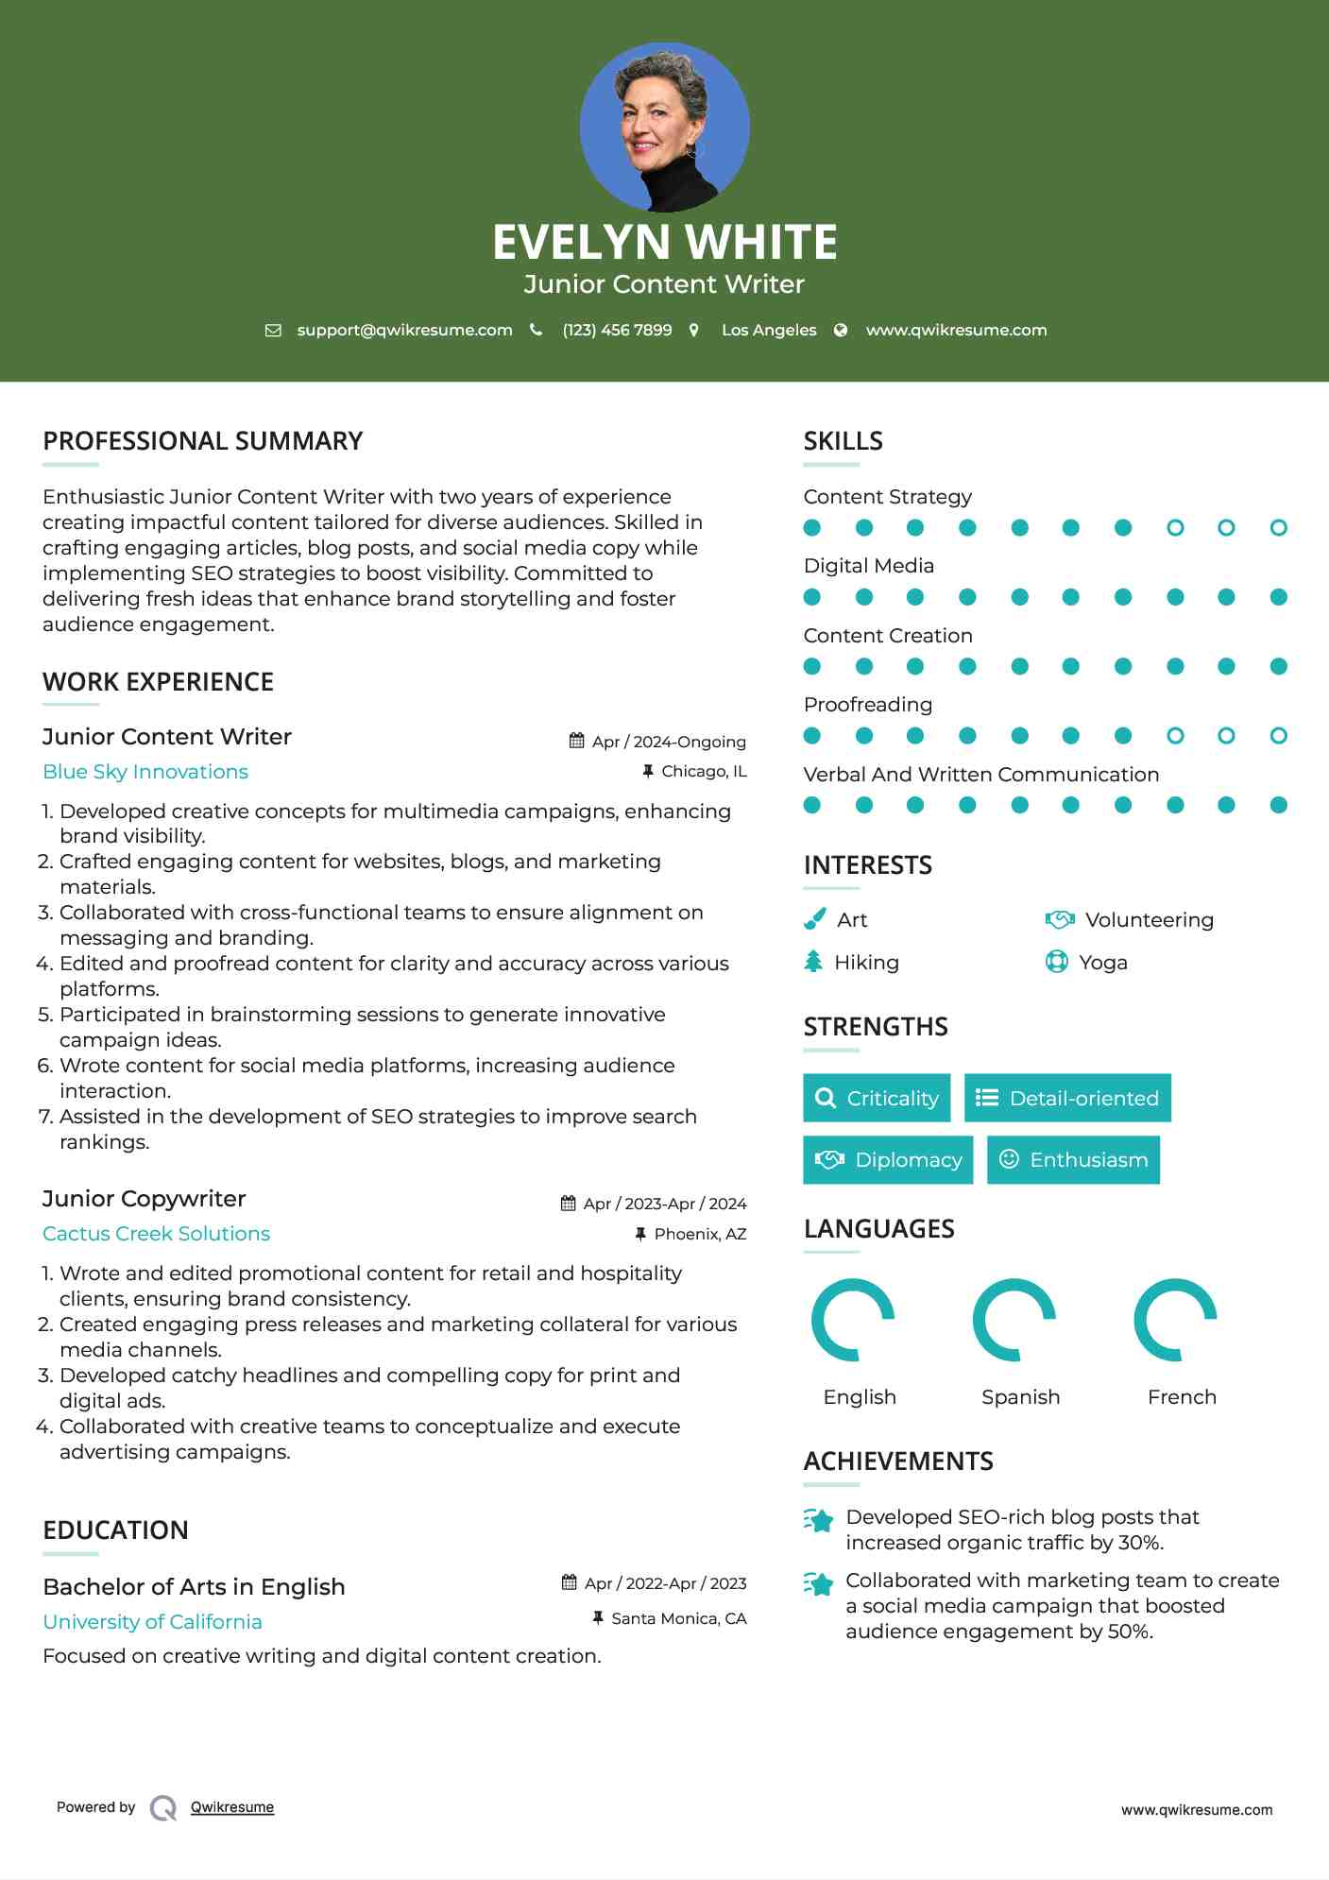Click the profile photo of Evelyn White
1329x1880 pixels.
click(x=664, y=127)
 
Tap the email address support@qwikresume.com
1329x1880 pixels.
click(x=404, y=330)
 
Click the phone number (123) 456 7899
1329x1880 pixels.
click(x=617, y=330)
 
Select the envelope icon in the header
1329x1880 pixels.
click(x=273, y=330)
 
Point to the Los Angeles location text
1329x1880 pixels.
click(x=768, y=330)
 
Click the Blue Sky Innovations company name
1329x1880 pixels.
click(x=145, y=772)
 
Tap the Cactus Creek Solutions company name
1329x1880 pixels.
click(x=156, y=1234)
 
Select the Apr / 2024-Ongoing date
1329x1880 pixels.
click(x=668, y=742)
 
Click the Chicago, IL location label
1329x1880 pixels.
click(x=704, y=771)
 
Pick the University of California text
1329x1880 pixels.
click(x=152, y=1622)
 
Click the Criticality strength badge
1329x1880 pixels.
click(x=877, y=1098)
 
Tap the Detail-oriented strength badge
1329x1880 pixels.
click(x=1067, y=1098)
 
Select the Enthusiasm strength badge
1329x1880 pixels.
click(x=1073, y=1159)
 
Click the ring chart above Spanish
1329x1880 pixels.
click(x=1014, y=1320)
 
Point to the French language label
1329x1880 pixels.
click(x=1182, y=1397)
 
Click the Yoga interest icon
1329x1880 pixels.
click(x=1056, y=962)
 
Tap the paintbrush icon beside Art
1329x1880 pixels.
click(x=814, y=919)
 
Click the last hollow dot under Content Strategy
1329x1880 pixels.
click(x=1278, y=527)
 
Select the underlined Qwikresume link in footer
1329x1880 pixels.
click(x=232, y=1807)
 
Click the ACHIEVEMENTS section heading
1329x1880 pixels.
click(x=898, y=1461)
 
